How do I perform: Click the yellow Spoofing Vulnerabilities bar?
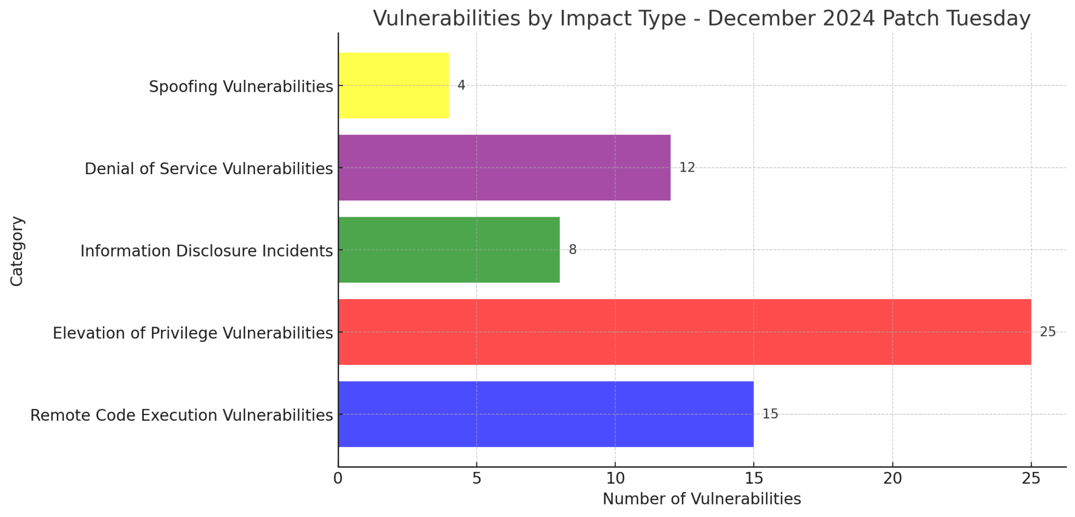tap(394, 86)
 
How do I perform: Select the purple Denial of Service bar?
tap(504, 167)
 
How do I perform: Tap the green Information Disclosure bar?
tap(449, 250)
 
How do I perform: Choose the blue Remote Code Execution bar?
tap(546, 414)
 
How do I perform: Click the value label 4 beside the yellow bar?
tap(461, 85)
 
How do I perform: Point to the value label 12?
tap(687, 167)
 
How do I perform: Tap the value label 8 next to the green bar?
tap(572, 250)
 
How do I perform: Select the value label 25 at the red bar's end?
tap(1047, 332)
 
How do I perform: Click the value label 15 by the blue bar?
tap(770, 414)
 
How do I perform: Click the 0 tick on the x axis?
tap(338, 479)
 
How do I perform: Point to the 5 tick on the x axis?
tap(476, 479)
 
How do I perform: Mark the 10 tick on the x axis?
tap(615, 479)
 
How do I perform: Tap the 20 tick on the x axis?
tap(892, 479)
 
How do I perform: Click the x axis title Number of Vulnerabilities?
tap(701, 499)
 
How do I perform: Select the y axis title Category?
tap(17, 251)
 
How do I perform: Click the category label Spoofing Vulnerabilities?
tap(241, 87)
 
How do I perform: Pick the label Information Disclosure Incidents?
tap(206, 251)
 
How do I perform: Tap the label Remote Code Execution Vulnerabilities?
tap(181, 415)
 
